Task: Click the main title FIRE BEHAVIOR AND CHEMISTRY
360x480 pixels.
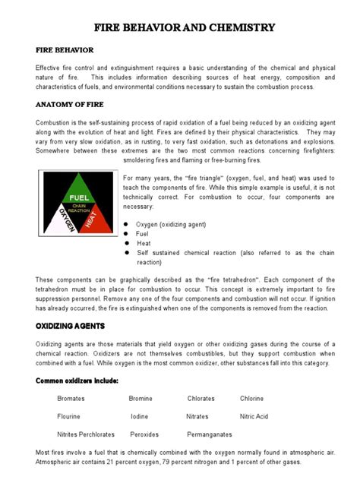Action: [x=184, y=28]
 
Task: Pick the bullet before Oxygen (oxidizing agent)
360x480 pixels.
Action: [x=127, y=224]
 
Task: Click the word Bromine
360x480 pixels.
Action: [x=141, y=398]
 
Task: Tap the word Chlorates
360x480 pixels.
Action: [x=201, y=398]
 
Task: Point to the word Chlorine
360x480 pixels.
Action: [x=252, y=398]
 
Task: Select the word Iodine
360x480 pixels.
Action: [x=139, y=416]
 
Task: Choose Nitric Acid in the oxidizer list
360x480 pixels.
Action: [x=254, y=416]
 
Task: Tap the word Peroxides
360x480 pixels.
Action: [x=144, y=434]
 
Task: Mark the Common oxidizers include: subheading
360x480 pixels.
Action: [x=76, y=380]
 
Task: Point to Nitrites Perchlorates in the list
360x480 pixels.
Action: [x=86, y=434]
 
